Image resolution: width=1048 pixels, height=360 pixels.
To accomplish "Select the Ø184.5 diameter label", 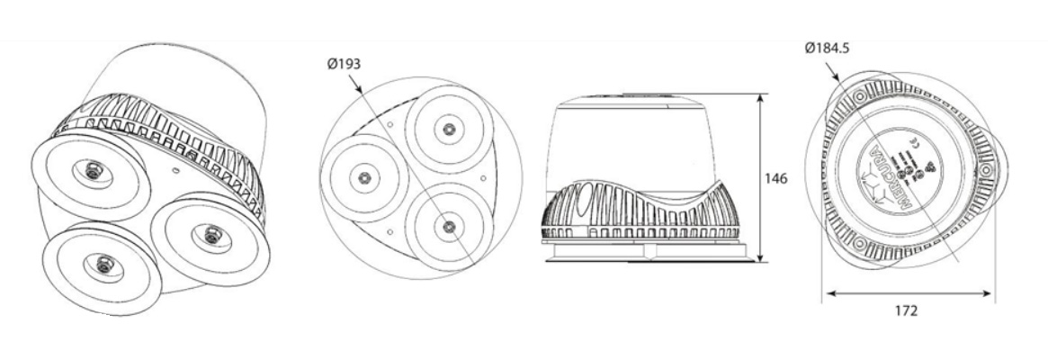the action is pyautogui.click(x=830, y=47).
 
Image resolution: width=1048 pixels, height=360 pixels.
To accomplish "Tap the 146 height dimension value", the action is pyautogui.click(x=775, y=178).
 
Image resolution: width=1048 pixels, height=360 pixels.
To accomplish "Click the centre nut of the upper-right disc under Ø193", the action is pyautogui.click(x=444, y=129).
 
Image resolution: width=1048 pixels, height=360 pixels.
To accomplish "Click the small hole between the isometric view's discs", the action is pyautogui.click(x=175, y=168).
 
